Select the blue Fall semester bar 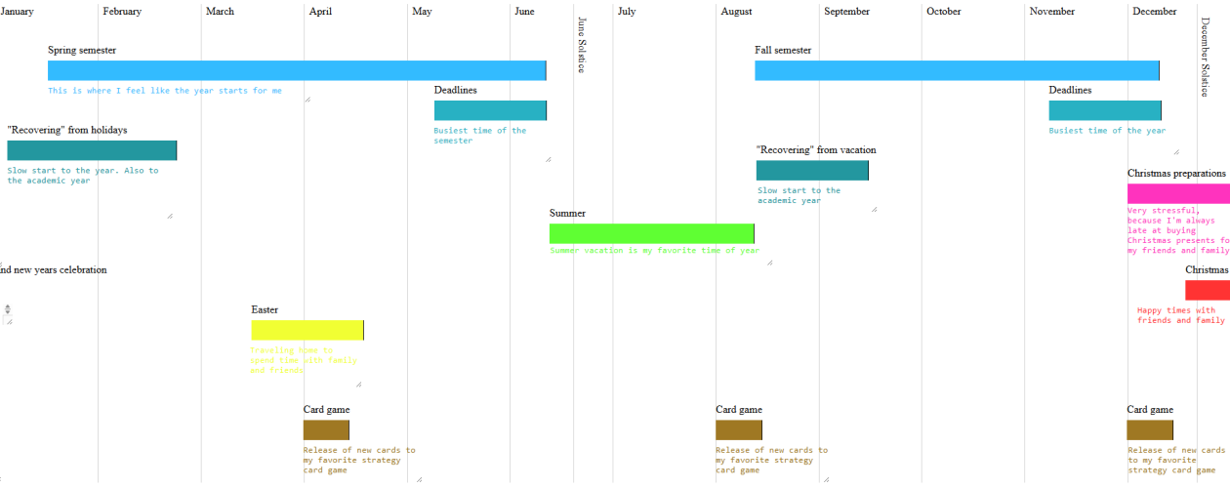pos(957,70)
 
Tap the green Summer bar pos(651,233)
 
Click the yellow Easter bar pos(307,330)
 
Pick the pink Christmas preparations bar pos(1178,193)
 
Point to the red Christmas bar pos(1207,290)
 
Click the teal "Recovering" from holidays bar pos(92,150)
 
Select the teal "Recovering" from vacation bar pos(812,170)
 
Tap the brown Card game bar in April pos(326,429)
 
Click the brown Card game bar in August pos(738,429)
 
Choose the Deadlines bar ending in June pos(490,110)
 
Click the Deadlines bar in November pos(1105,110)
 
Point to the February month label pos(122,12)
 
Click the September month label pos(846,12)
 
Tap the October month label pos(944,12)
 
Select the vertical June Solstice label pos(582,44)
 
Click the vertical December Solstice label pos(1206,58)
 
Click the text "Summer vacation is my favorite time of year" pos(654,251)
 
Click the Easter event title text pos(265,309)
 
